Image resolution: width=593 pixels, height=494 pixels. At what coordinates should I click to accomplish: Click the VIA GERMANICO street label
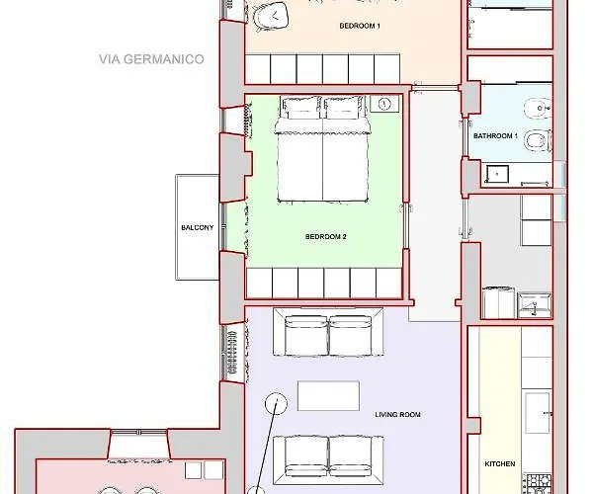click(x=151, y=59)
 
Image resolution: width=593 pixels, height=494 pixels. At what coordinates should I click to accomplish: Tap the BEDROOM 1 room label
click(x=360, y=26)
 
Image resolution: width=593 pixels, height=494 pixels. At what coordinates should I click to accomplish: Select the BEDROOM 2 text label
click(x=325, y=236)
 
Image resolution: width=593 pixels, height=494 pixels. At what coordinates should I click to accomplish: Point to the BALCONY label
click(x=198, y=227)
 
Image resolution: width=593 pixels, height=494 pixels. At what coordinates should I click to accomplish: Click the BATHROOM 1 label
click(x=495, y=135)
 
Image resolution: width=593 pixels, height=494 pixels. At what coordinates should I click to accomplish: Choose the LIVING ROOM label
click(x=398, y=415)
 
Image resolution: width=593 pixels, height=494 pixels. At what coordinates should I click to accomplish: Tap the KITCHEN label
click(x=499, y=463)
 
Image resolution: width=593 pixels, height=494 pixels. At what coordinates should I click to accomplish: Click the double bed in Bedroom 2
click(x=322, y=149)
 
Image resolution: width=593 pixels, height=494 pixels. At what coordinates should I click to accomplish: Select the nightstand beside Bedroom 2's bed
click(x=384, y=104)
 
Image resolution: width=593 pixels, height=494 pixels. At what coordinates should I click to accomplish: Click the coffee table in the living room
click(x=328, y=396)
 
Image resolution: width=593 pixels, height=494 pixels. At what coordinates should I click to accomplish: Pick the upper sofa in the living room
click(x=328, y=332)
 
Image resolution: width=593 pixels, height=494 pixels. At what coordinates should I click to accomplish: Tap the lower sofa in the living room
click(x=328, y=459)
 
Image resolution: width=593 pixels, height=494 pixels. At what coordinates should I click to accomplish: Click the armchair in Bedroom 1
click(x=271, y=16)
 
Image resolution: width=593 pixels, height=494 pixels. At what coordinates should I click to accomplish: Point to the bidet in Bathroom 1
click(x=538, y=108)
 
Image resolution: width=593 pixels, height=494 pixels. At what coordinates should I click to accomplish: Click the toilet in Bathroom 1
click(x=538, y=140)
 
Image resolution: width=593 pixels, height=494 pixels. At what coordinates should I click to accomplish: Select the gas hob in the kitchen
click(x=539, y=484)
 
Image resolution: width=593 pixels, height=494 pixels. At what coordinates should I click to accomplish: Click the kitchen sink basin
click(x=537, y=413)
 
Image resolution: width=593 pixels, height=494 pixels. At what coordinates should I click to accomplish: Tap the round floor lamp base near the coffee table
click(x=276, y=403)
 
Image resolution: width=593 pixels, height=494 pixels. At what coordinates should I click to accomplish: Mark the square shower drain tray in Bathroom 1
click(x=497, y=174)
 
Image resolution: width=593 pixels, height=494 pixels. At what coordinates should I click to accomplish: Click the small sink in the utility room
click(x=535, y=305)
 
